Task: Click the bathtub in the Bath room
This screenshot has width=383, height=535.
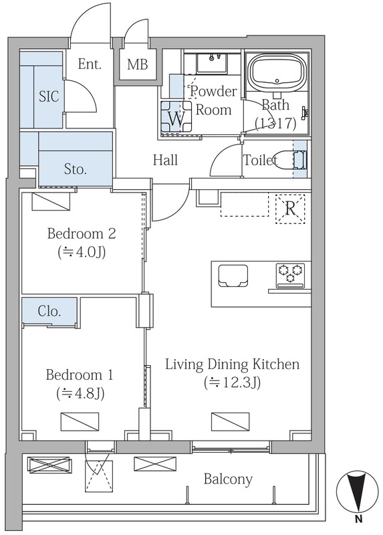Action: (277, 73)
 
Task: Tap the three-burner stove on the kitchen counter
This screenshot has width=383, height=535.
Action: (290, 274)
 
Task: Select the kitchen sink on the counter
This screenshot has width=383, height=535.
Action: (233, 276)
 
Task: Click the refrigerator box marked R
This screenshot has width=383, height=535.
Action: (290, 209)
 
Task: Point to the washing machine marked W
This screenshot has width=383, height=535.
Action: (176, 118)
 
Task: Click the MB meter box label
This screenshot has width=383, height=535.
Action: (138, 64)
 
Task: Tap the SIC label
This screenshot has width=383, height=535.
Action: (49, 96)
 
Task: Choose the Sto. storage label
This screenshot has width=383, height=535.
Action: (76, 169)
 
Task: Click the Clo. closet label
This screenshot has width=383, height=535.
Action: (49, 311)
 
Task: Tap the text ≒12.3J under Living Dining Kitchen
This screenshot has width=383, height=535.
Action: (233, 383)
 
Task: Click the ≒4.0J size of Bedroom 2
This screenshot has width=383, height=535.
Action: (82, 253)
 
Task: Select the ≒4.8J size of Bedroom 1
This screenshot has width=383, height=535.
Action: (80, 394)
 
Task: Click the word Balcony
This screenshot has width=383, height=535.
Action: (228, 479)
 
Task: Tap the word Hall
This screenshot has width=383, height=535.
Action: (165, 160)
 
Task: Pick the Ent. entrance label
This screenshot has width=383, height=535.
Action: (90, 64)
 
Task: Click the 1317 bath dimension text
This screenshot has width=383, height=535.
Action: (275, 123)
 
